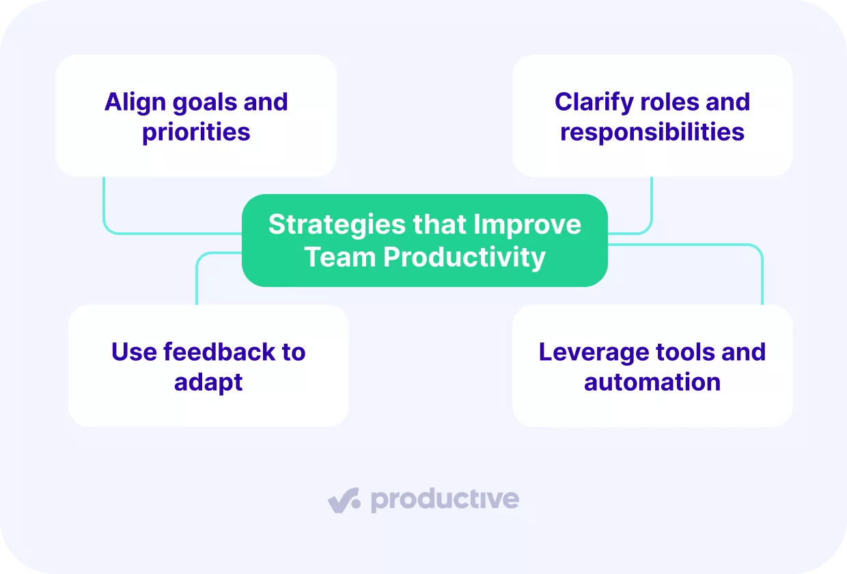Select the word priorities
pos(196,132)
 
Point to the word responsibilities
pos(652,132)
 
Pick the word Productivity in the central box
pos(464,258)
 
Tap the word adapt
pos(208,382)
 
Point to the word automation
pos(652,382)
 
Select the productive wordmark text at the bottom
pos(445,500)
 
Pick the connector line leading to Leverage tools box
pos(762,273)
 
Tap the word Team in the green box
pos(339,258)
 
